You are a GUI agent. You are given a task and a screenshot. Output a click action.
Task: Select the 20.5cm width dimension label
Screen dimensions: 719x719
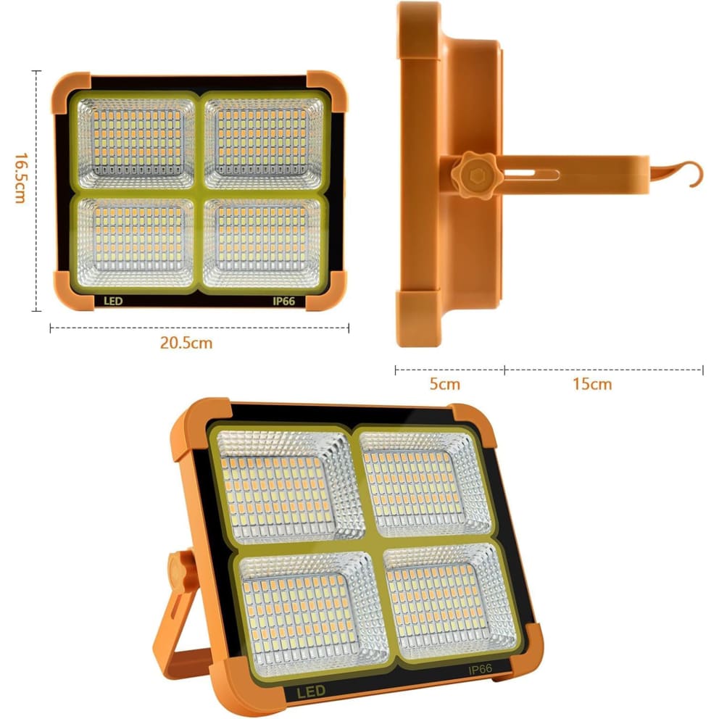tap(186, 343)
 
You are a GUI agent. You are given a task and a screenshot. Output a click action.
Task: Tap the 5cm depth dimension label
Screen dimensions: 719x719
tap(444, 383)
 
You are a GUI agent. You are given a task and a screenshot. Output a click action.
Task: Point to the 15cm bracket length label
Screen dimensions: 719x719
tap(591, 383)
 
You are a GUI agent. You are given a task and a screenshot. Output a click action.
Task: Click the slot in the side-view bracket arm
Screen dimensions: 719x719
tap(533, 174)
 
